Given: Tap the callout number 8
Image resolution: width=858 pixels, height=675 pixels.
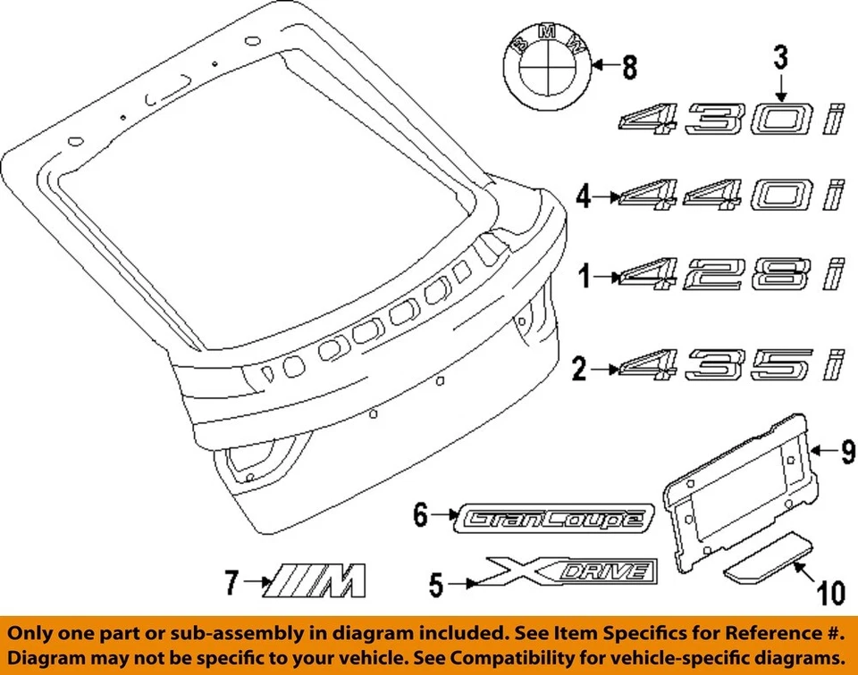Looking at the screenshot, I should tap(631, 65).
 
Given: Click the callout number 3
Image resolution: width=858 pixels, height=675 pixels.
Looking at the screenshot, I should tap(780, 61).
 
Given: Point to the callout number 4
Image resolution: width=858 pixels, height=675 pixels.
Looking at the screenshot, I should tap(584, 196).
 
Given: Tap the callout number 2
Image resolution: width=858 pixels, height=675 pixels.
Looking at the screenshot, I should tap(580, 368).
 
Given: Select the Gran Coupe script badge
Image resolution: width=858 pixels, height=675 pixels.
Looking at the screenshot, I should tap(556, 517).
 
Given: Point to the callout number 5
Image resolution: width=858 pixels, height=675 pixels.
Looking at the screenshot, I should tap(436, 586).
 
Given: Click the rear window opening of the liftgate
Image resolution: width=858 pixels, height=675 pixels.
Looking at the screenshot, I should tap(259, 187).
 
